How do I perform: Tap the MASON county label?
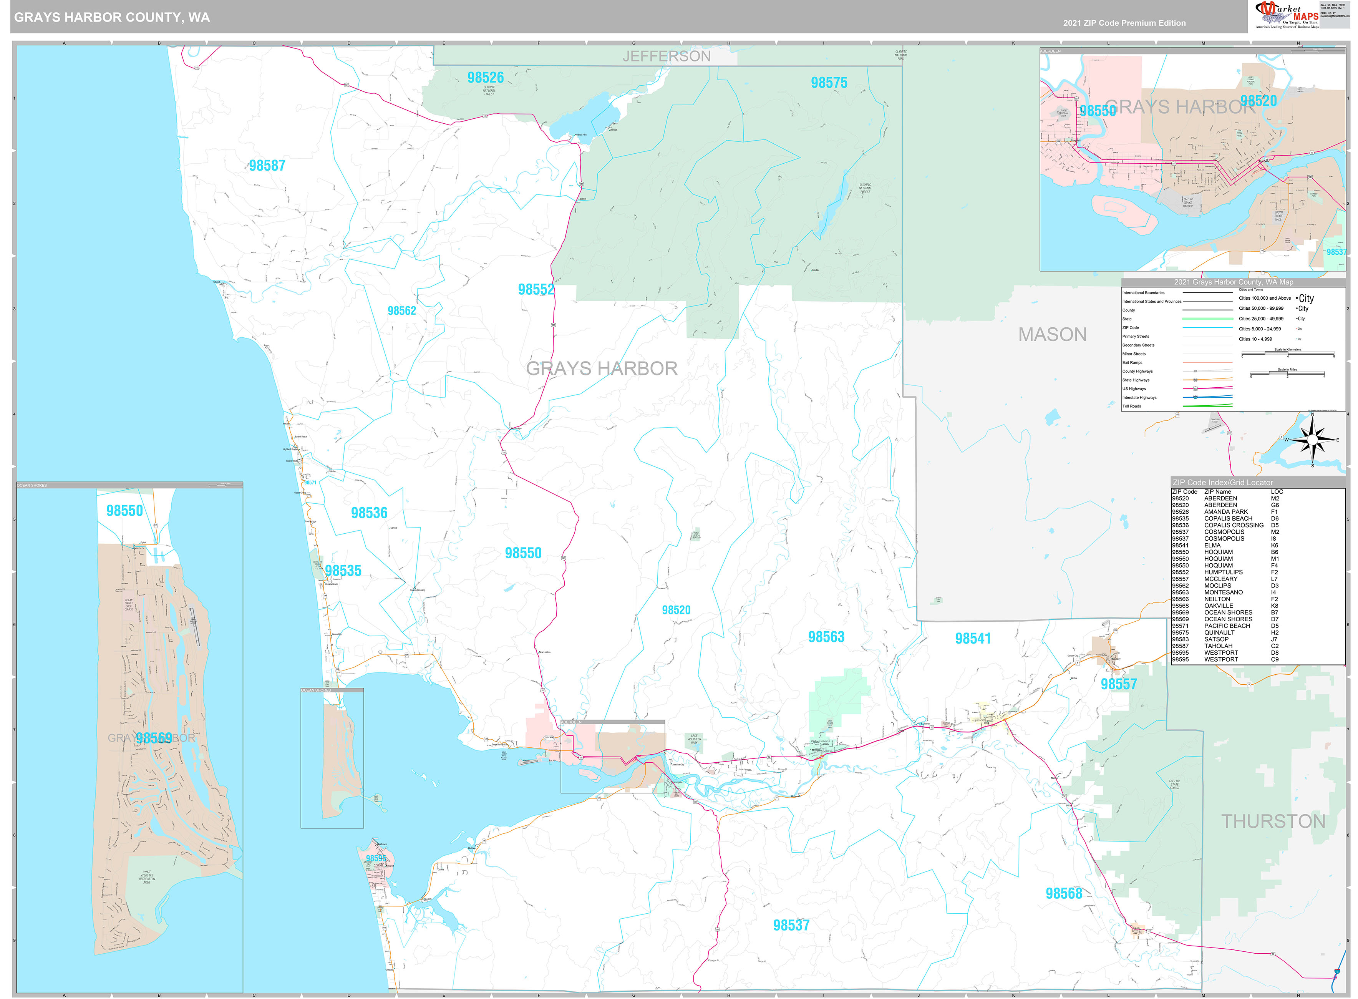pos(1052,334)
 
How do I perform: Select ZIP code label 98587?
pos(267,166)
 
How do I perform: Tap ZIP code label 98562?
pos(401,311)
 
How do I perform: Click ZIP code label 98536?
pos(369,513)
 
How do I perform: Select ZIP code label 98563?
pos(826,637)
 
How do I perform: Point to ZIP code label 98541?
pos(972,639)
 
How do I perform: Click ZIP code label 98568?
pos(1064,894)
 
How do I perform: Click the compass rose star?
pos(1312,440)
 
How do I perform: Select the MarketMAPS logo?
pos(1287,15)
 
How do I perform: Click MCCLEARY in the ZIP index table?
pos(1220,579)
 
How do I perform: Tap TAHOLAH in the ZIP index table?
pos(1218,646)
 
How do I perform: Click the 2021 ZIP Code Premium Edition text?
pos(1124,23)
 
